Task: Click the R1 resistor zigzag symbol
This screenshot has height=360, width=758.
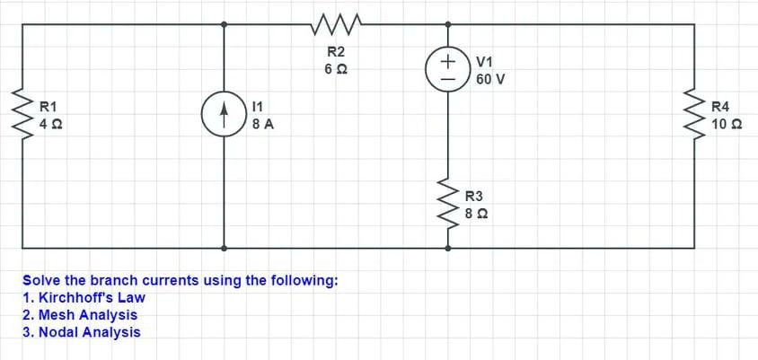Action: (22, 114)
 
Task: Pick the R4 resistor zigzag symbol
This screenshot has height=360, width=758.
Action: (695, 114)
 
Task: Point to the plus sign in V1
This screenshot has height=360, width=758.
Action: (447, 60)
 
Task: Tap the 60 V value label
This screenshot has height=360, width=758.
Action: (490, 79)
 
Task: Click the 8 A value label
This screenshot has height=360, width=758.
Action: (263, 125)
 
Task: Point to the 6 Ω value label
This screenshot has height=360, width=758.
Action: (336, 69)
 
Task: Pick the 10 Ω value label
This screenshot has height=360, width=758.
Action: (726, 125)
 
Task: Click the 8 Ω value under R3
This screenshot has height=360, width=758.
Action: (477, 214)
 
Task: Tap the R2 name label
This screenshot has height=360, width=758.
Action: (336, 52)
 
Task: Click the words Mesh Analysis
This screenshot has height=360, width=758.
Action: (88, 314)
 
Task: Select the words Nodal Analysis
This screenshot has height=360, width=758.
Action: (90, 332)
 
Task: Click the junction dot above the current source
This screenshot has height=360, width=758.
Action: (224, 24)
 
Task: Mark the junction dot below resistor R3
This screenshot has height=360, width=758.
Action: (447, 247)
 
